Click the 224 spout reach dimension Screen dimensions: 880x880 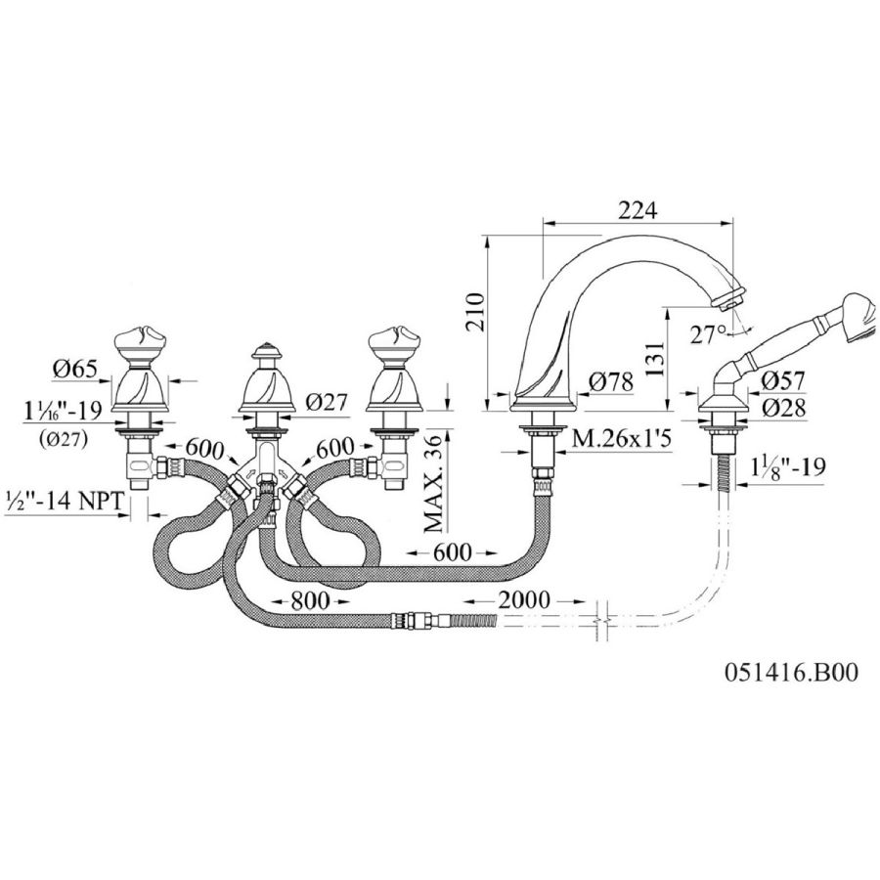637,210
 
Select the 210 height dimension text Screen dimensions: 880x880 476,312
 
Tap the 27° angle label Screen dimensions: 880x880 708,335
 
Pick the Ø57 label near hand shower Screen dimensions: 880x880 783,380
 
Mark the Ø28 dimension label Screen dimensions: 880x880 784,408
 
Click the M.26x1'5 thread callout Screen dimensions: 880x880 621,439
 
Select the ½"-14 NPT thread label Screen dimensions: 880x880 63,501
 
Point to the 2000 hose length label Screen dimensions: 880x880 524,600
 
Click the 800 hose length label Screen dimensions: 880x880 309,600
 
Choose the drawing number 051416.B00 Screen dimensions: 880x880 791,672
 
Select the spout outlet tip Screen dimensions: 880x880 729,298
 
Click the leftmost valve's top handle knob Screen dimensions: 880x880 140,342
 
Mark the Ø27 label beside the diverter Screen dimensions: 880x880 327,402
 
